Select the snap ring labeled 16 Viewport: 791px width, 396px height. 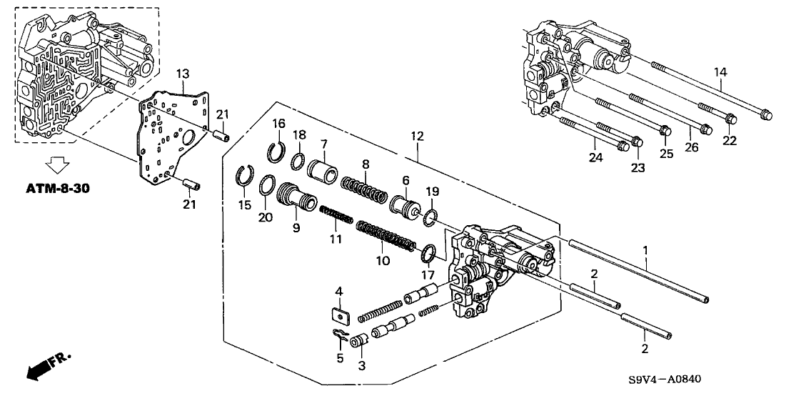coord(277,152)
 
